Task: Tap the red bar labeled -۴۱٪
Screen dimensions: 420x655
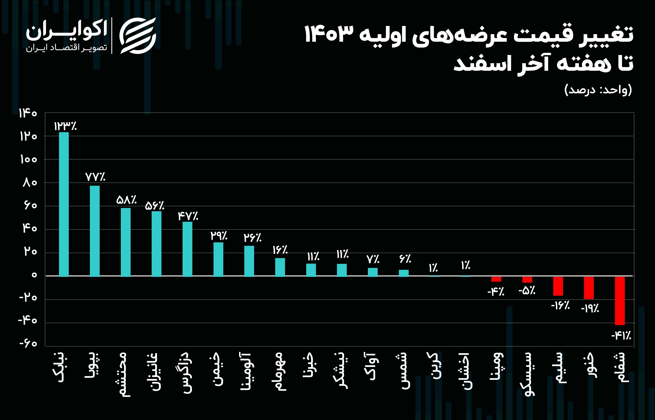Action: [x=620, y=301]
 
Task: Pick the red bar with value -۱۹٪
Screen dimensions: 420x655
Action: [x=589, y=288]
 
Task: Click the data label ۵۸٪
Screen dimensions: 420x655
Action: [x=126, y=200]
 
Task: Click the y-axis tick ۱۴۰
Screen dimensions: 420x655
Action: [x=28, y=113]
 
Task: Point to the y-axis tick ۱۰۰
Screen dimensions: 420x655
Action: [x=28, y=159]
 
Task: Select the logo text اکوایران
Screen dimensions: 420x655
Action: [x=66, y=31]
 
